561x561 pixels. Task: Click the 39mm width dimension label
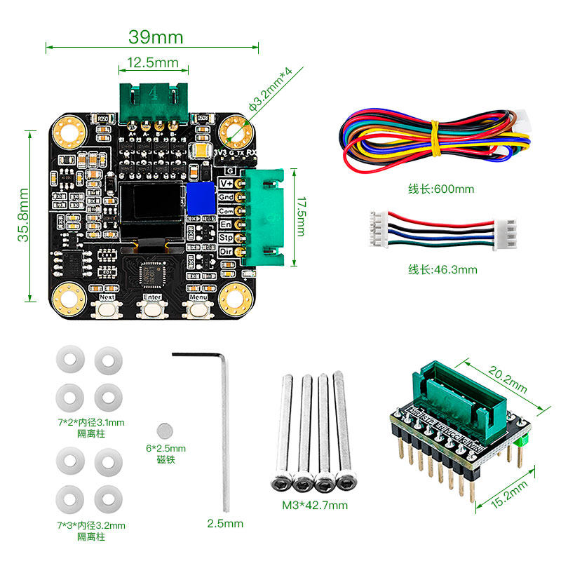click(155, 36)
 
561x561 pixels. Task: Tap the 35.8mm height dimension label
click(24, 215)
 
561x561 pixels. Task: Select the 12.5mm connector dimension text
click(154, 63)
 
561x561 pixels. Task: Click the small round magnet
click(165, 429)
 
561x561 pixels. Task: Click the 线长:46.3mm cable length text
click(442, 269)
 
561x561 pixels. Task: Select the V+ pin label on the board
click(226, 184)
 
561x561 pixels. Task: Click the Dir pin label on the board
click(226, 252)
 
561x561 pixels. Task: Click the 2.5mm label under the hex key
click(225, 523)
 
